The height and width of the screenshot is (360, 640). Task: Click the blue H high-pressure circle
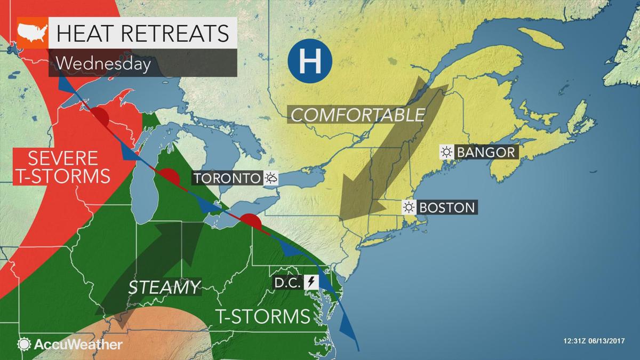click(x=309, y=63)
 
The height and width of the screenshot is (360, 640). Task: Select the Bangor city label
click(x=486, y=152)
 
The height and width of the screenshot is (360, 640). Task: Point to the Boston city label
click(x=447, y=207)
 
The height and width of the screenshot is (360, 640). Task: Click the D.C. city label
click(x=287, y=282)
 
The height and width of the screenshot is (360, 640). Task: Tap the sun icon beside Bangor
click(x=446, y=152)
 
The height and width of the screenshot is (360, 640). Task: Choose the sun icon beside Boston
click(x=409, y=207)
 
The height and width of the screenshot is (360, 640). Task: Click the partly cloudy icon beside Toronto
click(x=271, y=178)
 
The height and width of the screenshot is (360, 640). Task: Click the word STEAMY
click(x=164, y=287)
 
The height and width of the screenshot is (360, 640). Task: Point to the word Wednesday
click(x=102, y=63)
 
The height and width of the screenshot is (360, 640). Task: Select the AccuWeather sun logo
click(x=24, y=344)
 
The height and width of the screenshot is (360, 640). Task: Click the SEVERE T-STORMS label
click(x=63, y=166)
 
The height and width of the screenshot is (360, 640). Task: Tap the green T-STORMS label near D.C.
click(x=263, y=316)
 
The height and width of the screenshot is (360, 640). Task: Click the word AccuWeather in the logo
click(x=78, y=345)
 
